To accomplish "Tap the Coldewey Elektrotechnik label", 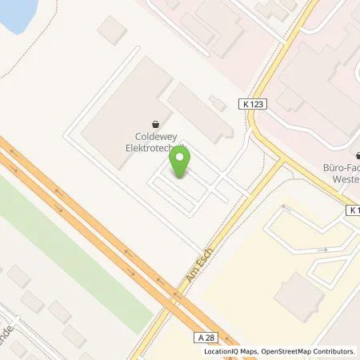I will [154, 142].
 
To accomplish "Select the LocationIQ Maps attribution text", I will [228, 351].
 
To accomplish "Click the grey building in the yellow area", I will [298, 293].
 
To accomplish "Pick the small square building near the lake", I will [112, 31].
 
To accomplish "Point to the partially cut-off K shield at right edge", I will [354, 210].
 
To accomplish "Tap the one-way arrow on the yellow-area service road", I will [323, 250].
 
